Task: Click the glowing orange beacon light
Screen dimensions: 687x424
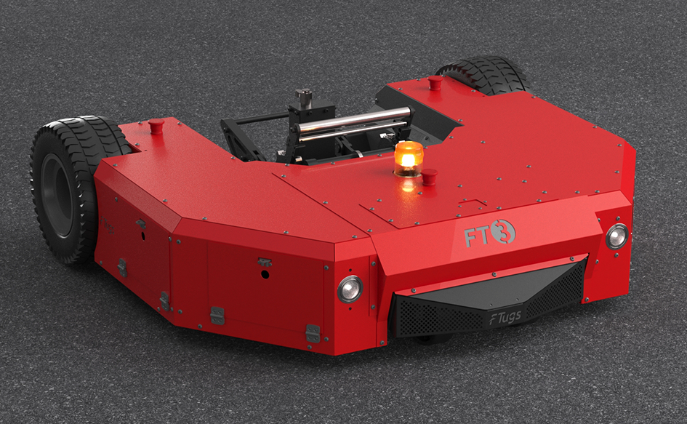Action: (x=409, y=159)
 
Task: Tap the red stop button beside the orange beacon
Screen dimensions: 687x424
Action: (x=429, y=177)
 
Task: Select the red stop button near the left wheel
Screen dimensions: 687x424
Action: (x=156, y=126)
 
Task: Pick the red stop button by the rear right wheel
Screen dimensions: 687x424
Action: (x=434, y=82)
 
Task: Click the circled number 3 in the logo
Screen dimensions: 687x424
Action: (x=502, y=232)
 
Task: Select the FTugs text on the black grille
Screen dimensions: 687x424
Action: (x=505, y=316)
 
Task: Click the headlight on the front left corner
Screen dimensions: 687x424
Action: (x=350, y=289)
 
